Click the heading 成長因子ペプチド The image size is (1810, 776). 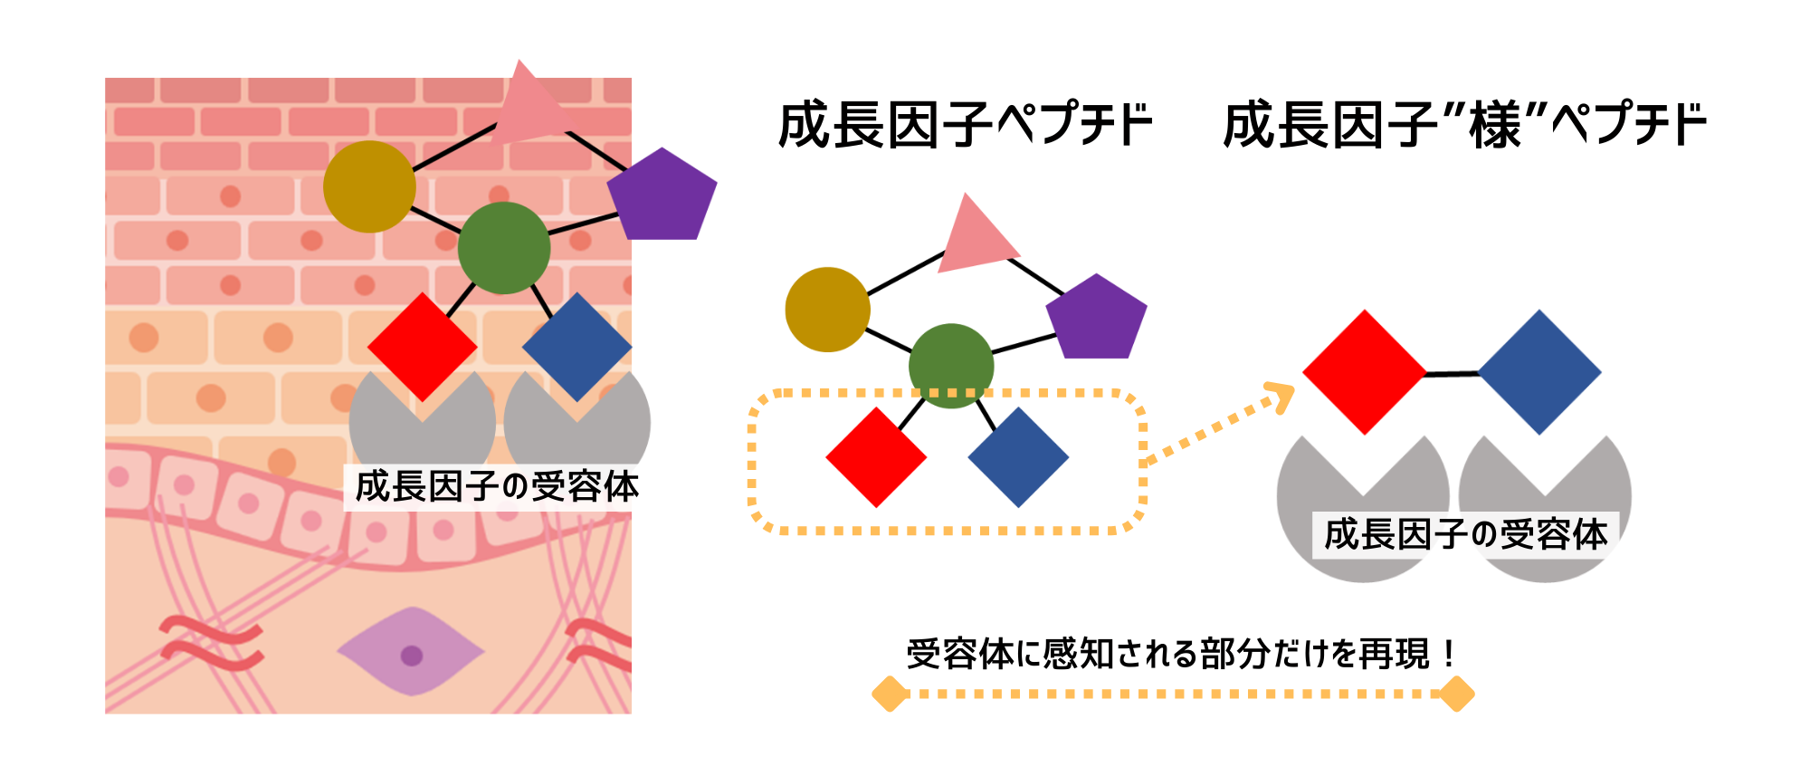tap(965, 125)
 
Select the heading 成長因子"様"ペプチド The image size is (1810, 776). tap(1463, 125)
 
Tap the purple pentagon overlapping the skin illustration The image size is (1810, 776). tap(663, 196)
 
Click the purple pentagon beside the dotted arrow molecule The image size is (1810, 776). tap(1097, 318)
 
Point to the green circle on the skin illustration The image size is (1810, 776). tap(504, 248)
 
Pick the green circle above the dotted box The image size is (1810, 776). tap(951, 366)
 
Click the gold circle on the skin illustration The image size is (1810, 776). tap(369, 187)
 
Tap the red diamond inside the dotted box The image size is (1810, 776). tap(876, 457)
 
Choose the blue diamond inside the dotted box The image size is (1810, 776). tap(1018, 457)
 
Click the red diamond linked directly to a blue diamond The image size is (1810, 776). tap(1364, 372)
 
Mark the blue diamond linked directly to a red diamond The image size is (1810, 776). tap(1539, 372)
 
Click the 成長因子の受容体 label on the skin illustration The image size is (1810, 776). tap(497, 487)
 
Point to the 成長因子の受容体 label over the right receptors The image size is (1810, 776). tap(1465, 534)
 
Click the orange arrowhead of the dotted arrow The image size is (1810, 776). tap(1281, 396)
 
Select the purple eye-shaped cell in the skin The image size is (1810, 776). tap(411, 652)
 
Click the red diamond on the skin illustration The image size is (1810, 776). tap(423, 347)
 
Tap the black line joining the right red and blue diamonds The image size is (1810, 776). tap(1453, 373)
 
